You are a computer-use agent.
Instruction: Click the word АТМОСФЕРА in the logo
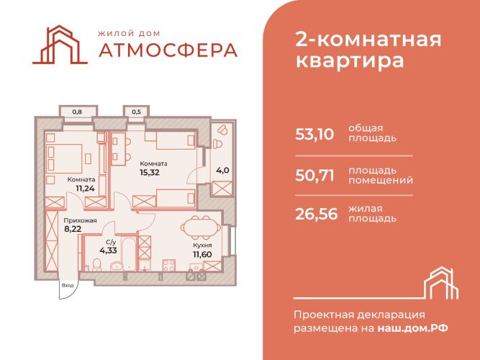(x=168, y=50)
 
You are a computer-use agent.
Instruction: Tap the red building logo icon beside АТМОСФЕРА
(x=60, y=45)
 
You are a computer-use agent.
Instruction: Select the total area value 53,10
(x=314, y=134)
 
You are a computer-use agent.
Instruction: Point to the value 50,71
(x=314, y=176)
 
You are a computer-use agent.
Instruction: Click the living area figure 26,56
(x=316, y=214)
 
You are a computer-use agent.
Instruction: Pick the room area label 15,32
(x=150, y=172)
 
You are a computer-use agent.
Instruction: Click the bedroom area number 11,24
(x=85, y=188)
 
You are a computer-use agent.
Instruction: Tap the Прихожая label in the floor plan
(x=80, y=220)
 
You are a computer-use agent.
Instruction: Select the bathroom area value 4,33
(x=108, y=251)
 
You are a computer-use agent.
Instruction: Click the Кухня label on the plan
(x=202, y=246)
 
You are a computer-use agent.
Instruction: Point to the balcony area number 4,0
(x=222, y=170)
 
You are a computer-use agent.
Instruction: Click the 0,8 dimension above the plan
(x=77, y=112)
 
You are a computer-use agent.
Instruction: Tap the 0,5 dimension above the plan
(x=137, y=112)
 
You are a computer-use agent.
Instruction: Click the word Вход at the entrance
(x=68, y=285)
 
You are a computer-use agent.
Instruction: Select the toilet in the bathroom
(x=97, y=264)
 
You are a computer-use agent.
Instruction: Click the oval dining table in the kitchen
(x=201, y=228)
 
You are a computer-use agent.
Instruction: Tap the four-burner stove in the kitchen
(x=168, y=266)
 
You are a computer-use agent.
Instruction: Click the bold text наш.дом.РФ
(x=412, y=328)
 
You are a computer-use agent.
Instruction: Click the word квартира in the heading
(x=350, y=60)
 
